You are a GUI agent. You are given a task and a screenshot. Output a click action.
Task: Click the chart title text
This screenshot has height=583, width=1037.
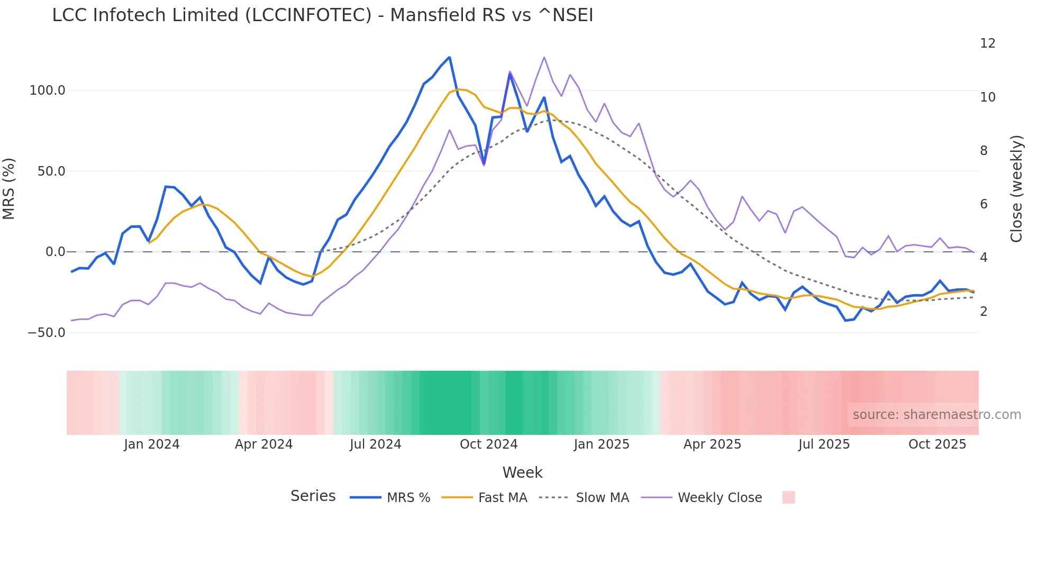pos(322,15)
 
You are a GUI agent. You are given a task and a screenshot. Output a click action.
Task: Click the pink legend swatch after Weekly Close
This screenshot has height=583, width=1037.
pos(788,497)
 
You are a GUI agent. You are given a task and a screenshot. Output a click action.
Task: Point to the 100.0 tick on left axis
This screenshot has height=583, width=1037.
pos(48,90)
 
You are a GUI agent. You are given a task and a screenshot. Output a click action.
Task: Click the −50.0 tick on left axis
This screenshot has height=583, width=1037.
pos(47,333)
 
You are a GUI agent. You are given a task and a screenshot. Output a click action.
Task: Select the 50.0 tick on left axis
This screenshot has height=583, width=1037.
pos(51,171)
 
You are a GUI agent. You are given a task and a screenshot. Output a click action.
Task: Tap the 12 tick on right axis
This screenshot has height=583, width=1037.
pos(987,43)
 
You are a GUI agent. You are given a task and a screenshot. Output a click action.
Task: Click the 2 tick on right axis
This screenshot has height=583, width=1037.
pos(984,312)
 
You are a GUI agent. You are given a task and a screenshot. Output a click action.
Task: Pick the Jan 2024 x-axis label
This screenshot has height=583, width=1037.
pos(152,444)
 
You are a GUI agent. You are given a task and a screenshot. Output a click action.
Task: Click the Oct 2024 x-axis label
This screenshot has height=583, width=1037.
pos(488,444)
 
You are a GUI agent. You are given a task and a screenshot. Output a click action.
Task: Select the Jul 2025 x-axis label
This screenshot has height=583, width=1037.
pos(824,444)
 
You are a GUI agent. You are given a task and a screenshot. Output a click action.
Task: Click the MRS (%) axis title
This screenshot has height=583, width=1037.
pos(9,188)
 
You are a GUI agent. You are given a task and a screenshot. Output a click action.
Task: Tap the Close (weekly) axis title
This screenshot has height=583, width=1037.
pos(1016,188)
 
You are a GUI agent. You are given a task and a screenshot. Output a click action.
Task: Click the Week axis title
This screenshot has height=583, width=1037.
pos(522,472)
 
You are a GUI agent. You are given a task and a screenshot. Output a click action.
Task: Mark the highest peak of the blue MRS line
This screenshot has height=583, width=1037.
pos(449,57)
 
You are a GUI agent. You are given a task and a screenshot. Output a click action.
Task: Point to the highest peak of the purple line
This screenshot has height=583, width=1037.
pos(544,57)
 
